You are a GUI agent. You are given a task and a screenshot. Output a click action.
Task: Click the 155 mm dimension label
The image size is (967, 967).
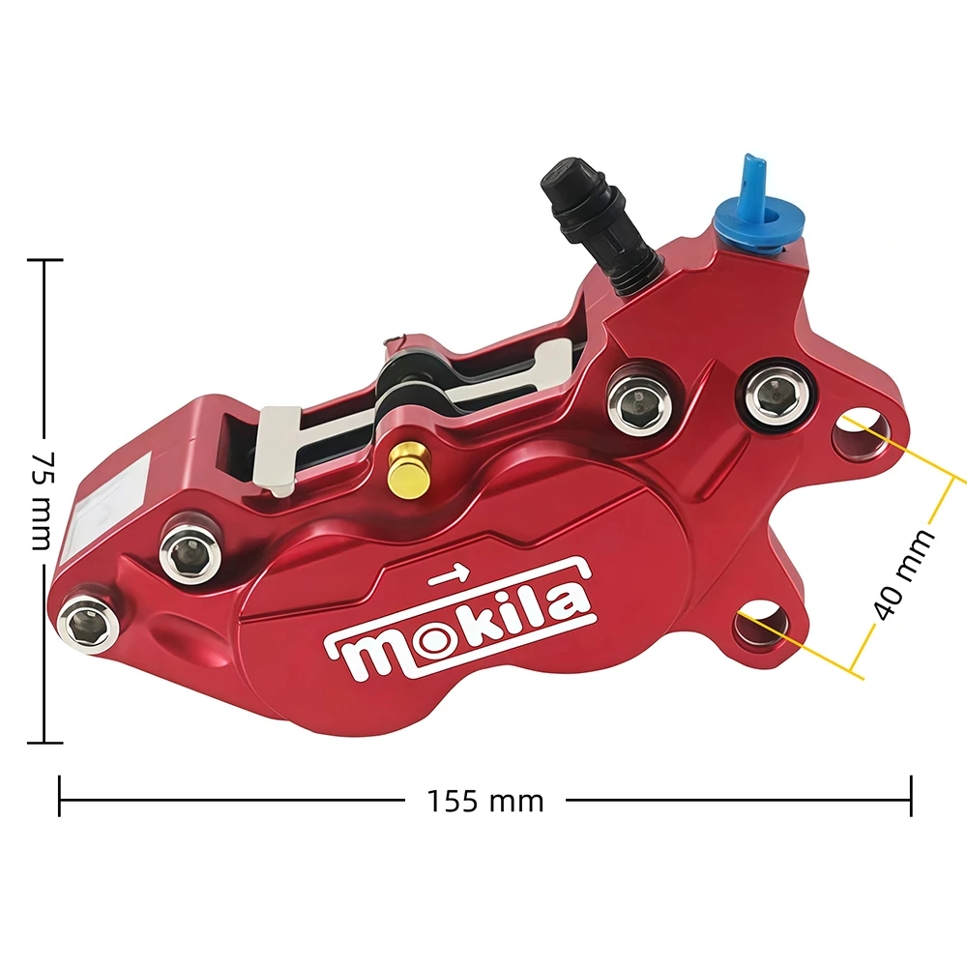[x=486, y=801]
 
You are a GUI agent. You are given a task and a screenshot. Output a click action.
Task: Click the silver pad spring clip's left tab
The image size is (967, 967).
[x=277, y=451]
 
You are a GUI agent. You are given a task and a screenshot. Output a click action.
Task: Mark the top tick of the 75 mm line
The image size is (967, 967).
[x=44, y=260]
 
